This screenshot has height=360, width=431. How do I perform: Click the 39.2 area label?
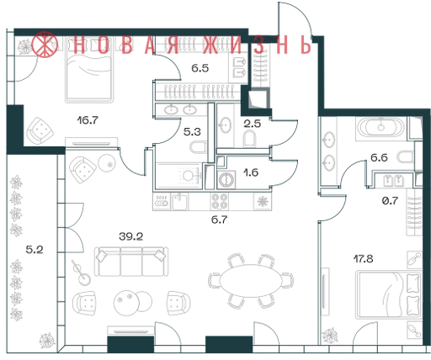[x=130, y=236]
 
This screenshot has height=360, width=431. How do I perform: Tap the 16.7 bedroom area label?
[x=88, y=120]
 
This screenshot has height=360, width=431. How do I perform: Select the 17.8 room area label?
[x=363, y=258]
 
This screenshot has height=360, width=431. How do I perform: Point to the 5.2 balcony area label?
[x=35, y=249]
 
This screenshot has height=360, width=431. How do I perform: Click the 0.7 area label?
[x=391, y=200]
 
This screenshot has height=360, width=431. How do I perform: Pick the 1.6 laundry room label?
[x=251, y=172]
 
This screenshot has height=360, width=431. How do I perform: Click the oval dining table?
[x=250, y=281]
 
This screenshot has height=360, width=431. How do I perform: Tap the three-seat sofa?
[x=131, y=262]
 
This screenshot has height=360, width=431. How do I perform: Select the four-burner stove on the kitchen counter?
[x=220, y=201]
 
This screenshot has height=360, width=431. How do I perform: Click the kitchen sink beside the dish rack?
[x=180, y=201]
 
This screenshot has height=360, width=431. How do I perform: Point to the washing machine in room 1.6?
[x=226, y=180]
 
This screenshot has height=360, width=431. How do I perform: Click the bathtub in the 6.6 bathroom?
[x=380, y=128]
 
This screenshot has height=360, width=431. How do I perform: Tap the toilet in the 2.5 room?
[x=249, y=139]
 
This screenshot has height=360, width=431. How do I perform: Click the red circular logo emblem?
[x=45, y=45]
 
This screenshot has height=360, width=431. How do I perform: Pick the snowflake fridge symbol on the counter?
[x=263, y=201]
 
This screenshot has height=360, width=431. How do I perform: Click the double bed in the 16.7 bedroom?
[x=89, y=69]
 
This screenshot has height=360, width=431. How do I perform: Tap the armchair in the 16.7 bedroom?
[x=40, y=130]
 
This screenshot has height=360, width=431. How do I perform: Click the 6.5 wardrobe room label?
[x=200, y=68]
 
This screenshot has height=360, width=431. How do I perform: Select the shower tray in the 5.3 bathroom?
[x=179, y=176]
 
